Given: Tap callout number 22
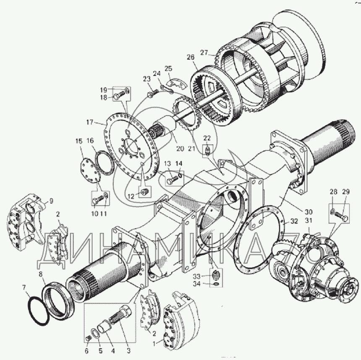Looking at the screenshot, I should (207, 138).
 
